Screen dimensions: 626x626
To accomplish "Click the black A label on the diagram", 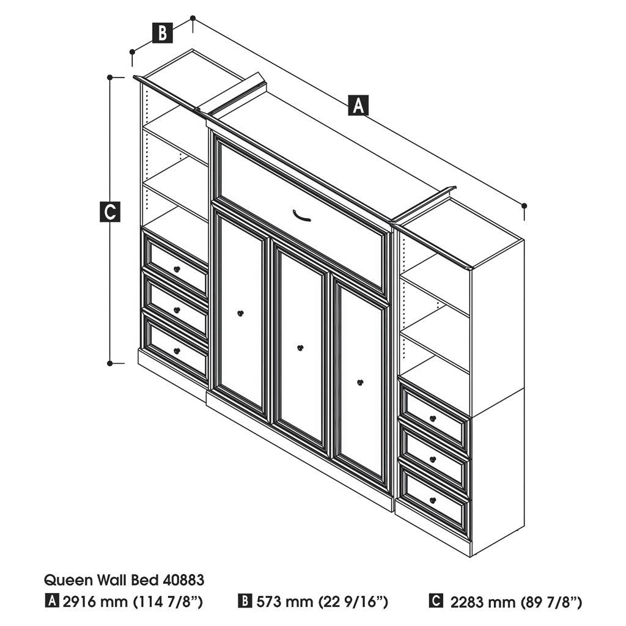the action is click(358, 105).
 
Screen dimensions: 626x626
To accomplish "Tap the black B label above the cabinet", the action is click(163, 33).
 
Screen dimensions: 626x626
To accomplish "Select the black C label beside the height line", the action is click(110, 212).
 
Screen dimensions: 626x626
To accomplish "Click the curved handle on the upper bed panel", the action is click(301, 216).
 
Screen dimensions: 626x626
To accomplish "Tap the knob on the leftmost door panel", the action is click(240, 314).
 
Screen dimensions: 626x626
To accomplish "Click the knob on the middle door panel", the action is click(300, 348).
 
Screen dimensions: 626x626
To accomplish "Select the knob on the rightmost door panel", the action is click(360, 383).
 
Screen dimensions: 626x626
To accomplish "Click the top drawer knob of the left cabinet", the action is click(177, 270).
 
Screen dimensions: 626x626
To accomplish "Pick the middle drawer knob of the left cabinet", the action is click(177, 310).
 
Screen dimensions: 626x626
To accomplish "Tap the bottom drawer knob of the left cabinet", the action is click(177, 351).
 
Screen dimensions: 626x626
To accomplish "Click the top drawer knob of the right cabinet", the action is click(433, 418).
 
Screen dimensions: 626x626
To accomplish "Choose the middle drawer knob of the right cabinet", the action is click(433, 460).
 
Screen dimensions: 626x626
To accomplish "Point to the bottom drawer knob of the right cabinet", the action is click(433, 500).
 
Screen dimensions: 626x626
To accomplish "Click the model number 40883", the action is click(183, 580).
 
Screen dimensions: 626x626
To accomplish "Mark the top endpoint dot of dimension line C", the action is click(110, 77).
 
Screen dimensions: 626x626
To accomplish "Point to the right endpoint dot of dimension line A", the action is click(524, 205).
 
